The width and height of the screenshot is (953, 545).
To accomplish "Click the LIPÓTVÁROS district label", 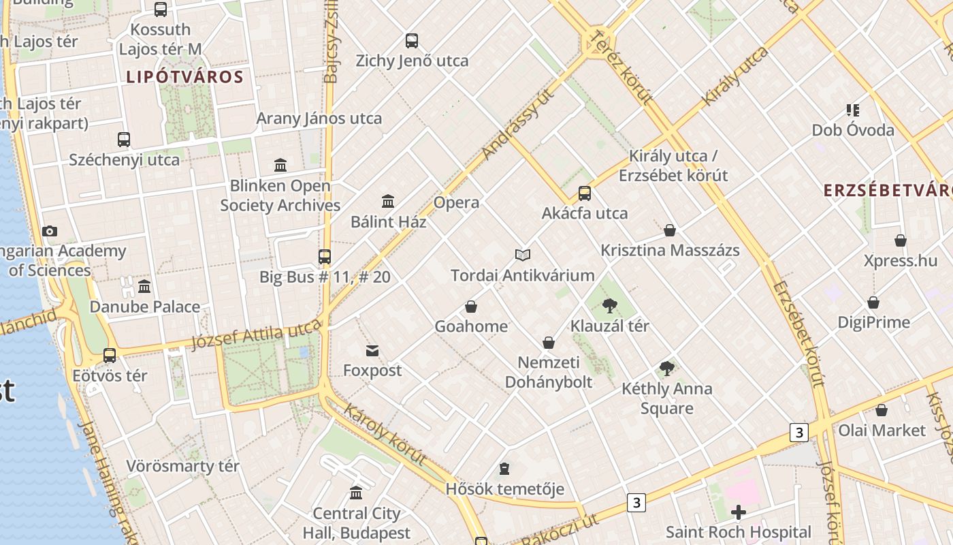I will click(x=184, y=77).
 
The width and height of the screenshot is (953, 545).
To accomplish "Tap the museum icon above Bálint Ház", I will click(x=388, y=201).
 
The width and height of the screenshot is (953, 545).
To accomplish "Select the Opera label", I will click(x=456, y=202).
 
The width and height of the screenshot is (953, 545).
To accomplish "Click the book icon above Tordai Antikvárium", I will click(x=522, y=255).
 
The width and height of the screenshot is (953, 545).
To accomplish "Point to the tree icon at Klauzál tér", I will click(x=610, y=306).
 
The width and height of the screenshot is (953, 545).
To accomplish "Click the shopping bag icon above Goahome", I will click(x=471, y=307).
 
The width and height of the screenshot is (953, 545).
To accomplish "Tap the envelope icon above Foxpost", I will click(x=372, y=352).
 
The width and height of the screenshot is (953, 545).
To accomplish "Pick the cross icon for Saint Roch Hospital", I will click(x=739, y=512).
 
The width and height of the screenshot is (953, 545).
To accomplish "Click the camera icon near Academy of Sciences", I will click(x=50, y=232).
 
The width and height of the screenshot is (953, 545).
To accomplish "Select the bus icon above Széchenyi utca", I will click(x=124, y=140).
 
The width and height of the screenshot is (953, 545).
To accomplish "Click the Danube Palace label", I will click(x=145, y=307).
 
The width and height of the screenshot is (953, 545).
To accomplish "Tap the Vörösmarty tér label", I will click(x=182, y=467).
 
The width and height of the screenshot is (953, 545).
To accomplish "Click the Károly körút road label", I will click(x=385, y=433).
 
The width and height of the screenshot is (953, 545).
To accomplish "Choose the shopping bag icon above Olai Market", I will click(x=882, y=411).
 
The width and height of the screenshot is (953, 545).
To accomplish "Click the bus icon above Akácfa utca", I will click(x=585, y=193).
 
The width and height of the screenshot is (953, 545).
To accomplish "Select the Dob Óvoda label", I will click(x=853, y=130).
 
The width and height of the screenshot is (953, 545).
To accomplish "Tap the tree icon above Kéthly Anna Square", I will click(x=667, y=369).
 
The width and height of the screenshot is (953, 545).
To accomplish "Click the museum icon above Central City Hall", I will click(x=356, y=493).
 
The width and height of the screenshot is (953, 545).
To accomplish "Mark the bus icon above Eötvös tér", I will click(x=110, y=356).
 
